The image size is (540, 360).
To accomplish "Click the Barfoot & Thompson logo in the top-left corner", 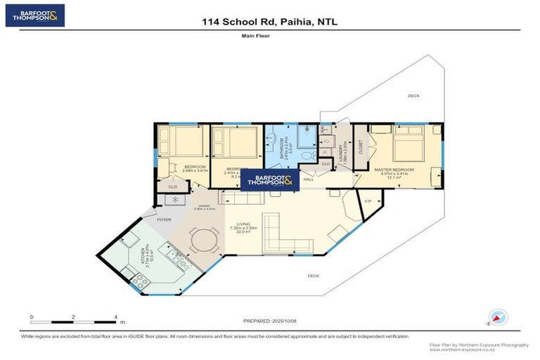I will point(34,15).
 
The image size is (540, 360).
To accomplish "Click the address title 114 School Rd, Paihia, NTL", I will point(269,22).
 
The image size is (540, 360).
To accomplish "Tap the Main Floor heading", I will point(269,35).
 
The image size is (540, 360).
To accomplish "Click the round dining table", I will point(205,240).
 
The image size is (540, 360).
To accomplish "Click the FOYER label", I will point(164,219).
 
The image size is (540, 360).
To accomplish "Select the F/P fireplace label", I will point(368,202).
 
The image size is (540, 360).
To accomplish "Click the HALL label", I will point(308,179).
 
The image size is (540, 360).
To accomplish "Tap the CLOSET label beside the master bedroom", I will point(361,148).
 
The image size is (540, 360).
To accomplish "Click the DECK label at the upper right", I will point(413,95).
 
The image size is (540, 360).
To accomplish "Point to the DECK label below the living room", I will point(314,276).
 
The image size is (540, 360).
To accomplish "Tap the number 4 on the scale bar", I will point(115,317).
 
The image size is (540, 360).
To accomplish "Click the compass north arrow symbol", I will point(497,319).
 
